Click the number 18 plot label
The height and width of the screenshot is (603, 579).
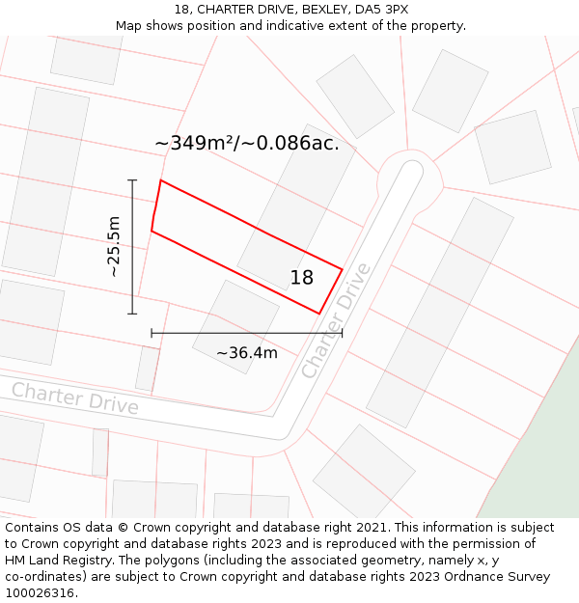pyautogui.click(x=302, y=278)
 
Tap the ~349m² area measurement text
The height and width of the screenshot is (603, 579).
pyautogui.click(x=247, y=143)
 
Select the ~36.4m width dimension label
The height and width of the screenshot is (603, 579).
pyautogui.click(x=247, y=353)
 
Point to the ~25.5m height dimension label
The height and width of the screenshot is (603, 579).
pyautogui.click(x=114, y=246)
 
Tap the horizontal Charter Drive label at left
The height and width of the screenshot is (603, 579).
pyautogui.click(x=75, y=397)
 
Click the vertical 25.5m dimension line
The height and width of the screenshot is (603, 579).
pyautogui.click(x=132, y=246)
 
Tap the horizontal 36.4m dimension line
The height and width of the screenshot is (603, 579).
pyautogui.click(x=247, y=333)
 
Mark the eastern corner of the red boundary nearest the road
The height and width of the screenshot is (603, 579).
pyautogui.click(x=343, y=268)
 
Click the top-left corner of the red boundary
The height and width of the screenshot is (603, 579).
pyautogui.click(x=160, y=180)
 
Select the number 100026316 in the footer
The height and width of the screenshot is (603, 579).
pyautogui.click(x=40, y=592)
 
